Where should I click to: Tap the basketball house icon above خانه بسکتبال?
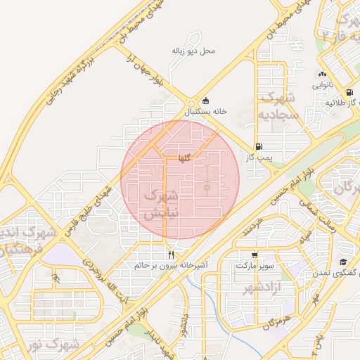(205, 100)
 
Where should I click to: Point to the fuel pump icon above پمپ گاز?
(259, 147)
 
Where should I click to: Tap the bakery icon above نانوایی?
(322, 74)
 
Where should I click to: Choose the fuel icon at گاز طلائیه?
(350, 92)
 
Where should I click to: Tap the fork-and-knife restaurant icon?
(170, 255)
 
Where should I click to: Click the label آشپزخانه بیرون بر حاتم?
(171, 266)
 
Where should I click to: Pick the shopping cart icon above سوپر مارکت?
(253, 255)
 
